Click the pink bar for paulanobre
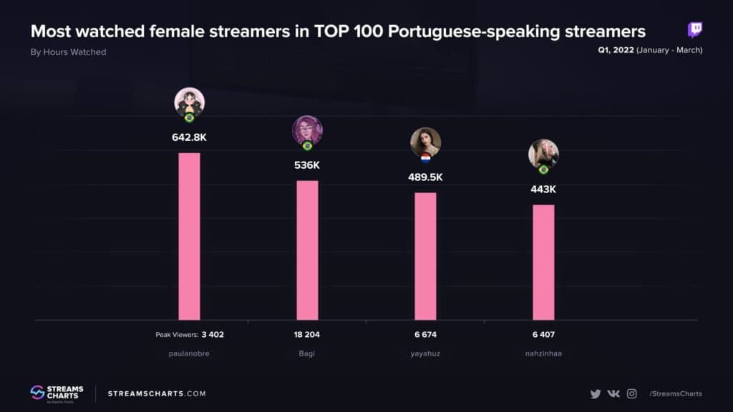click(189, 236)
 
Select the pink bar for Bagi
click(307, 250)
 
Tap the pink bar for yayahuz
click(425, 256)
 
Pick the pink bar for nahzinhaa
click(543, 262)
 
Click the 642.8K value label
click(189, 137)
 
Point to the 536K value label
click(307, 165)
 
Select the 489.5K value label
click(425, 177)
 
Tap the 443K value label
click(543, 190)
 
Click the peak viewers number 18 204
click(307, 334)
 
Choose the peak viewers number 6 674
click(425, 334)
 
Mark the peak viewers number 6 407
click(543, 334)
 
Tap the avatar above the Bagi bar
click(307, 131)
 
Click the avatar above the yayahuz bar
click(425, 142)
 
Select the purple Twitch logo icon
click(695, 29)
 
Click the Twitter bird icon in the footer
click(596, 393)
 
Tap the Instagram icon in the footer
click(632, 393)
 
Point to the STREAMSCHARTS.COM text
click(157, 393)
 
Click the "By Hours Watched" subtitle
click(68, 51)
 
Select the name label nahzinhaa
click(543, 353)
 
